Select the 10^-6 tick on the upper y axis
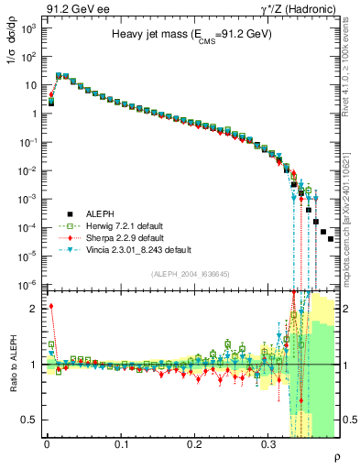29,285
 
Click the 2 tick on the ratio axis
34,308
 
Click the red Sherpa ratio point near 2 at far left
51,306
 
